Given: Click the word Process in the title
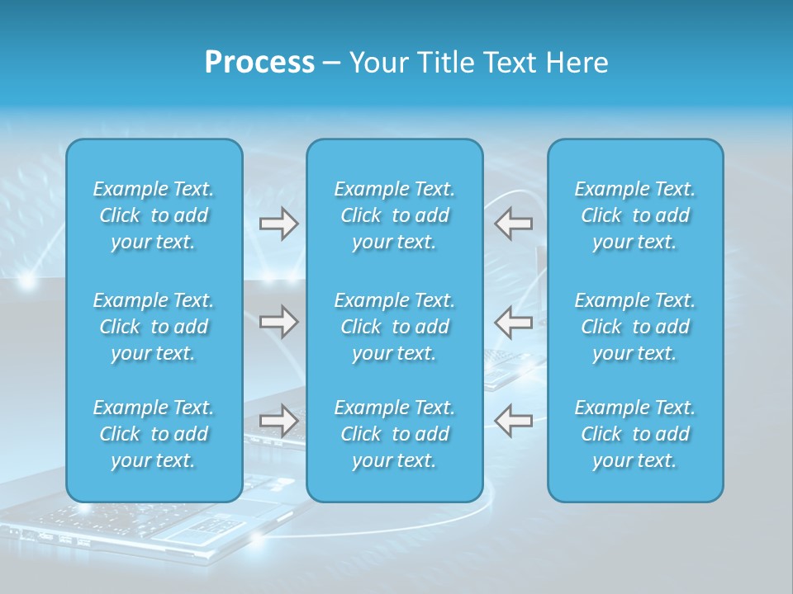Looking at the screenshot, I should coord(259,63).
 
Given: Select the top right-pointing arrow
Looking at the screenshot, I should coord(279,224).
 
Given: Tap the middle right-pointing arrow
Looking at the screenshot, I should coord(279,322).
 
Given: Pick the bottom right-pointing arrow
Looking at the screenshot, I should coord(279,421).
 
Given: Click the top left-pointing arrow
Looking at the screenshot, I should coord(513,224).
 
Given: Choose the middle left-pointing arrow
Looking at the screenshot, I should coord(513,322).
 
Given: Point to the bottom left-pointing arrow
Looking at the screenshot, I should coord(513,421).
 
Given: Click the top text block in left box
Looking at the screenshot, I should coord(154,215).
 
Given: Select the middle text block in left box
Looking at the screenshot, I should coord(154,327).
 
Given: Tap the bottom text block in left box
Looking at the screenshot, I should coord(154,434).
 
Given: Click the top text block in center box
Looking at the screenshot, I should coord(395,215).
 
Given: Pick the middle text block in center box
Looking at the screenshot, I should coord(395,327).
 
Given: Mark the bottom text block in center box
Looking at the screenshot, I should coord(395,434).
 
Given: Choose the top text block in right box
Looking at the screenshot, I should coord(635,215).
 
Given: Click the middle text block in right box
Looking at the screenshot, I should coord(635,327).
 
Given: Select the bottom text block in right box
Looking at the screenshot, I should coord(635,434).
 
